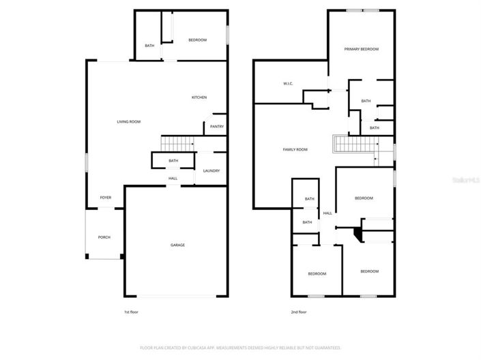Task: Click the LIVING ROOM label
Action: pyautogui.click(x=128, y=122)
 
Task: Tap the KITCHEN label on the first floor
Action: pyautogui.click(x=199, y=97)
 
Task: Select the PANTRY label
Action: pyautogui.click(x=216, y=127)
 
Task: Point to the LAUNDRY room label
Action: pyautogui.click(x=211, y=170)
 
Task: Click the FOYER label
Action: pyautogui.click(x=106, y=198)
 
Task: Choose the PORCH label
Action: pyautogui.click(x=104, y=237)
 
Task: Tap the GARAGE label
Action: pyautogui.click(x=177, y=245)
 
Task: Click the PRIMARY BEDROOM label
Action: pyautogui.click(x=361, y=49)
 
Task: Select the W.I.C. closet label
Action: pyautogui.click(x=288, y=84)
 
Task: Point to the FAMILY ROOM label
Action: pyautogui.click(x=295, y=149)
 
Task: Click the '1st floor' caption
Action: pyautogui.click(x=132, y=312)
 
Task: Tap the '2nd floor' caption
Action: pyautogui.click(x=298, y=312)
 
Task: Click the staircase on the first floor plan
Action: pyautogui.click(x=177, y=144)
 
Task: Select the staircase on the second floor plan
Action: pyautogui.click(x=355, y=145)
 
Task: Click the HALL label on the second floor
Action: pyautogui.click(x=327, y=213)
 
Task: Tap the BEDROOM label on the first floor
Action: pyautogui.click(x=197, y=40)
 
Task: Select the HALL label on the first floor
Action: pyautogui.click(x=173, y=179)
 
